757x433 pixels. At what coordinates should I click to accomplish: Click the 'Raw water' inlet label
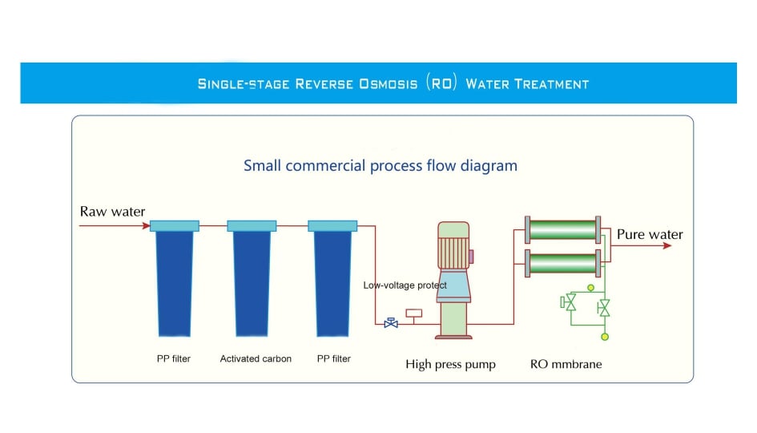tap(113, 212)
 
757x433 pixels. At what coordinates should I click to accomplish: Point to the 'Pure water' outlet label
tap(650, 235)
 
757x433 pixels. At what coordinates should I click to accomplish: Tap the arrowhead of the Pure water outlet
tap(667, 245)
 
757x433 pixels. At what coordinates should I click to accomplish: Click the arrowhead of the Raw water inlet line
tap(145, 225)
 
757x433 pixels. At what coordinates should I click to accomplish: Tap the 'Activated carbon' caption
tap(256, 358)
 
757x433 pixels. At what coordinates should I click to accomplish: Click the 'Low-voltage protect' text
tap(405, 285)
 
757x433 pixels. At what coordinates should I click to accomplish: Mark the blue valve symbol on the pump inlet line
tap(391, 323)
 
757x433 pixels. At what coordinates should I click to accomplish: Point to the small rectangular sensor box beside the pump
tap(415, 313)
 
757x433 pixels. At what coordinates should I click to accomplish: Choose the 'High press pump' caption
tap(450, 365)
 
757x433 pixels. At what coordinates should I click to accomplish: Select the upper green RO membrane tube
tap(563, 229)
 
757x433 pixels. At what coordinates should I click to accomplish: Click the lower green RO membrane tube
tap(563, 262)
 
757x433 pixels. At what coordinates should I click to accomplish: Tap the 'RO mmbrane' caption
tap(566, 364)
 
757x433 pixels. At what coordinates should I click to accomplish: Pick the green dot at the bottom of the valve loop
tap(605, 337)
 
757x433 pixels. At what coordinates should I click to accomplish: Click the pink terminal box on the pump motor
tap(471, 257)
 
